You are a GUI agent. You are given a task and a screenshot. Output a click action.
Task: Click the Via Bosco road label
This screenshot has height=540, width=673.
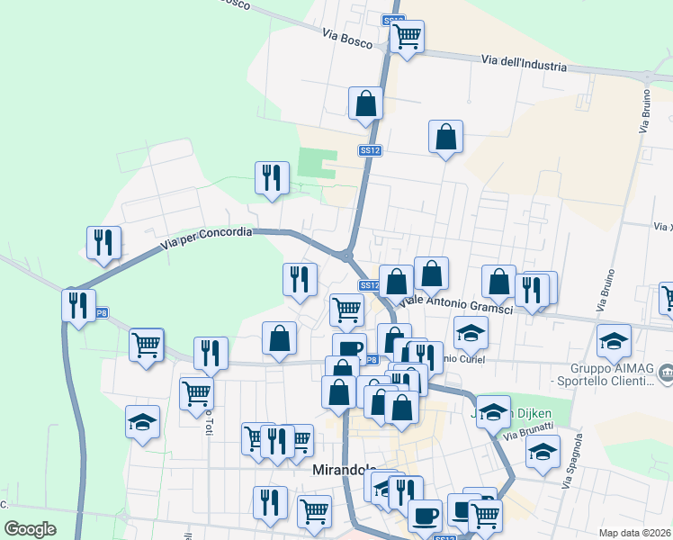pos(347,33)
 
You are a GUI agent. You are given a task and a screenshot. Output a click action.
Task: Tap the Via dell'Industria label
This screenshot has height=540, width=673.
pos(524,64)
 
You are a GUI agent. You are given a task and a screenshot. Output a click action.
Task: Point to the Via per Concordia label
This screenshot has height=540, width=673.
pos(207,238)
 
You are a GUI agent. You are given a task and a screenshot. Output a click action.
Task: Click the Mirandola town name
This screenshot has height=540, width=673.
pos(345,470)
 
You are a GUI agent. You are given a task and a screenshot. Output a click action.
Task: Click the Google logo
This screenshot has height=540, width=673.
pos(30,528)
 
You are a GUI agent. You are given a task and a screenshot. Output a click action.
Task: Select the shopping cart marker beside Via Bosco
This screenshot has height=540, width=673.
pos(407,37)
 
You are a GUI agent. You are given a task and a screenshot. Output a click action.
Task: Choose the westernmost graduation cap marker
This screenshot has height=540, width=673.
pos(142,422)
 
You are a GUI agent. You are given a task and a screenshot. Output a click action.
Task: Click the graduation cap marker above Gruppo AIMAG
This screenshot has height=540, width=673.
pos(615,340)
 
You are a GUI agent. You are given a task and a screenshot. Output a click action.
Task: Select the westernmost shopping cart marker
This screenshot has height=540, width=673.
pos(146,344)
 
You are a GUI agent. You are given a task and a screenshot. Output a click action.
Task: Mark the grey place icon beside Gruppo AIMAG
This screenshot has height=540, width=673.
pos(666,370)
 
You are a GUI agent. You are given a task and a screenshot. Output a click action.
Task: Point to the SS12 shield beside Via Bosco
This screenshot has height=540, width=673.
pos(392,20)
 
